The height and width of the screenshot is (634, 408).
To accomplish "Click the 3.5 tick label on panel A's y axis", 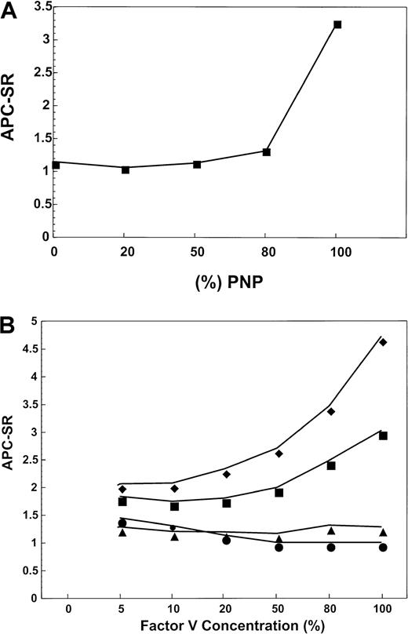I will coord(34,7).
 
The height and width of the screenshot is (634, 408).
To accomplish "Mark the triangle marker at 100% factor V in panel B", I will coord(383,532).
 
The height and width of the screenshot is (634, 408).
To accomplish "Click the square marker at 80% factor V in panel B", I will coord(331,465).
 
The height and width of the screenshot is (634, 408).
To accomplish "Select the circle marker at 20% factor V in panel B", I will coord(226,540).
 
